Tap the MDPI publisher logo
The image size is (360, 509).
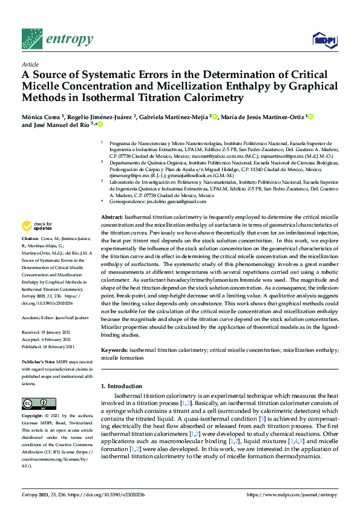pyautogui.click(x=324, y=40)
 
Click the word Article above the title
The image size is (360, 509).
pyautogui.click(x=30, y=63)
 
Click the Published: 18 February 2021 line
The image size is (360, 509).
pyautogui.click(x=48, y=347)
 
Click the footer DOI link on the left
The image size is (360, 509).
pyautogui.click(x=106, y=495)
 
